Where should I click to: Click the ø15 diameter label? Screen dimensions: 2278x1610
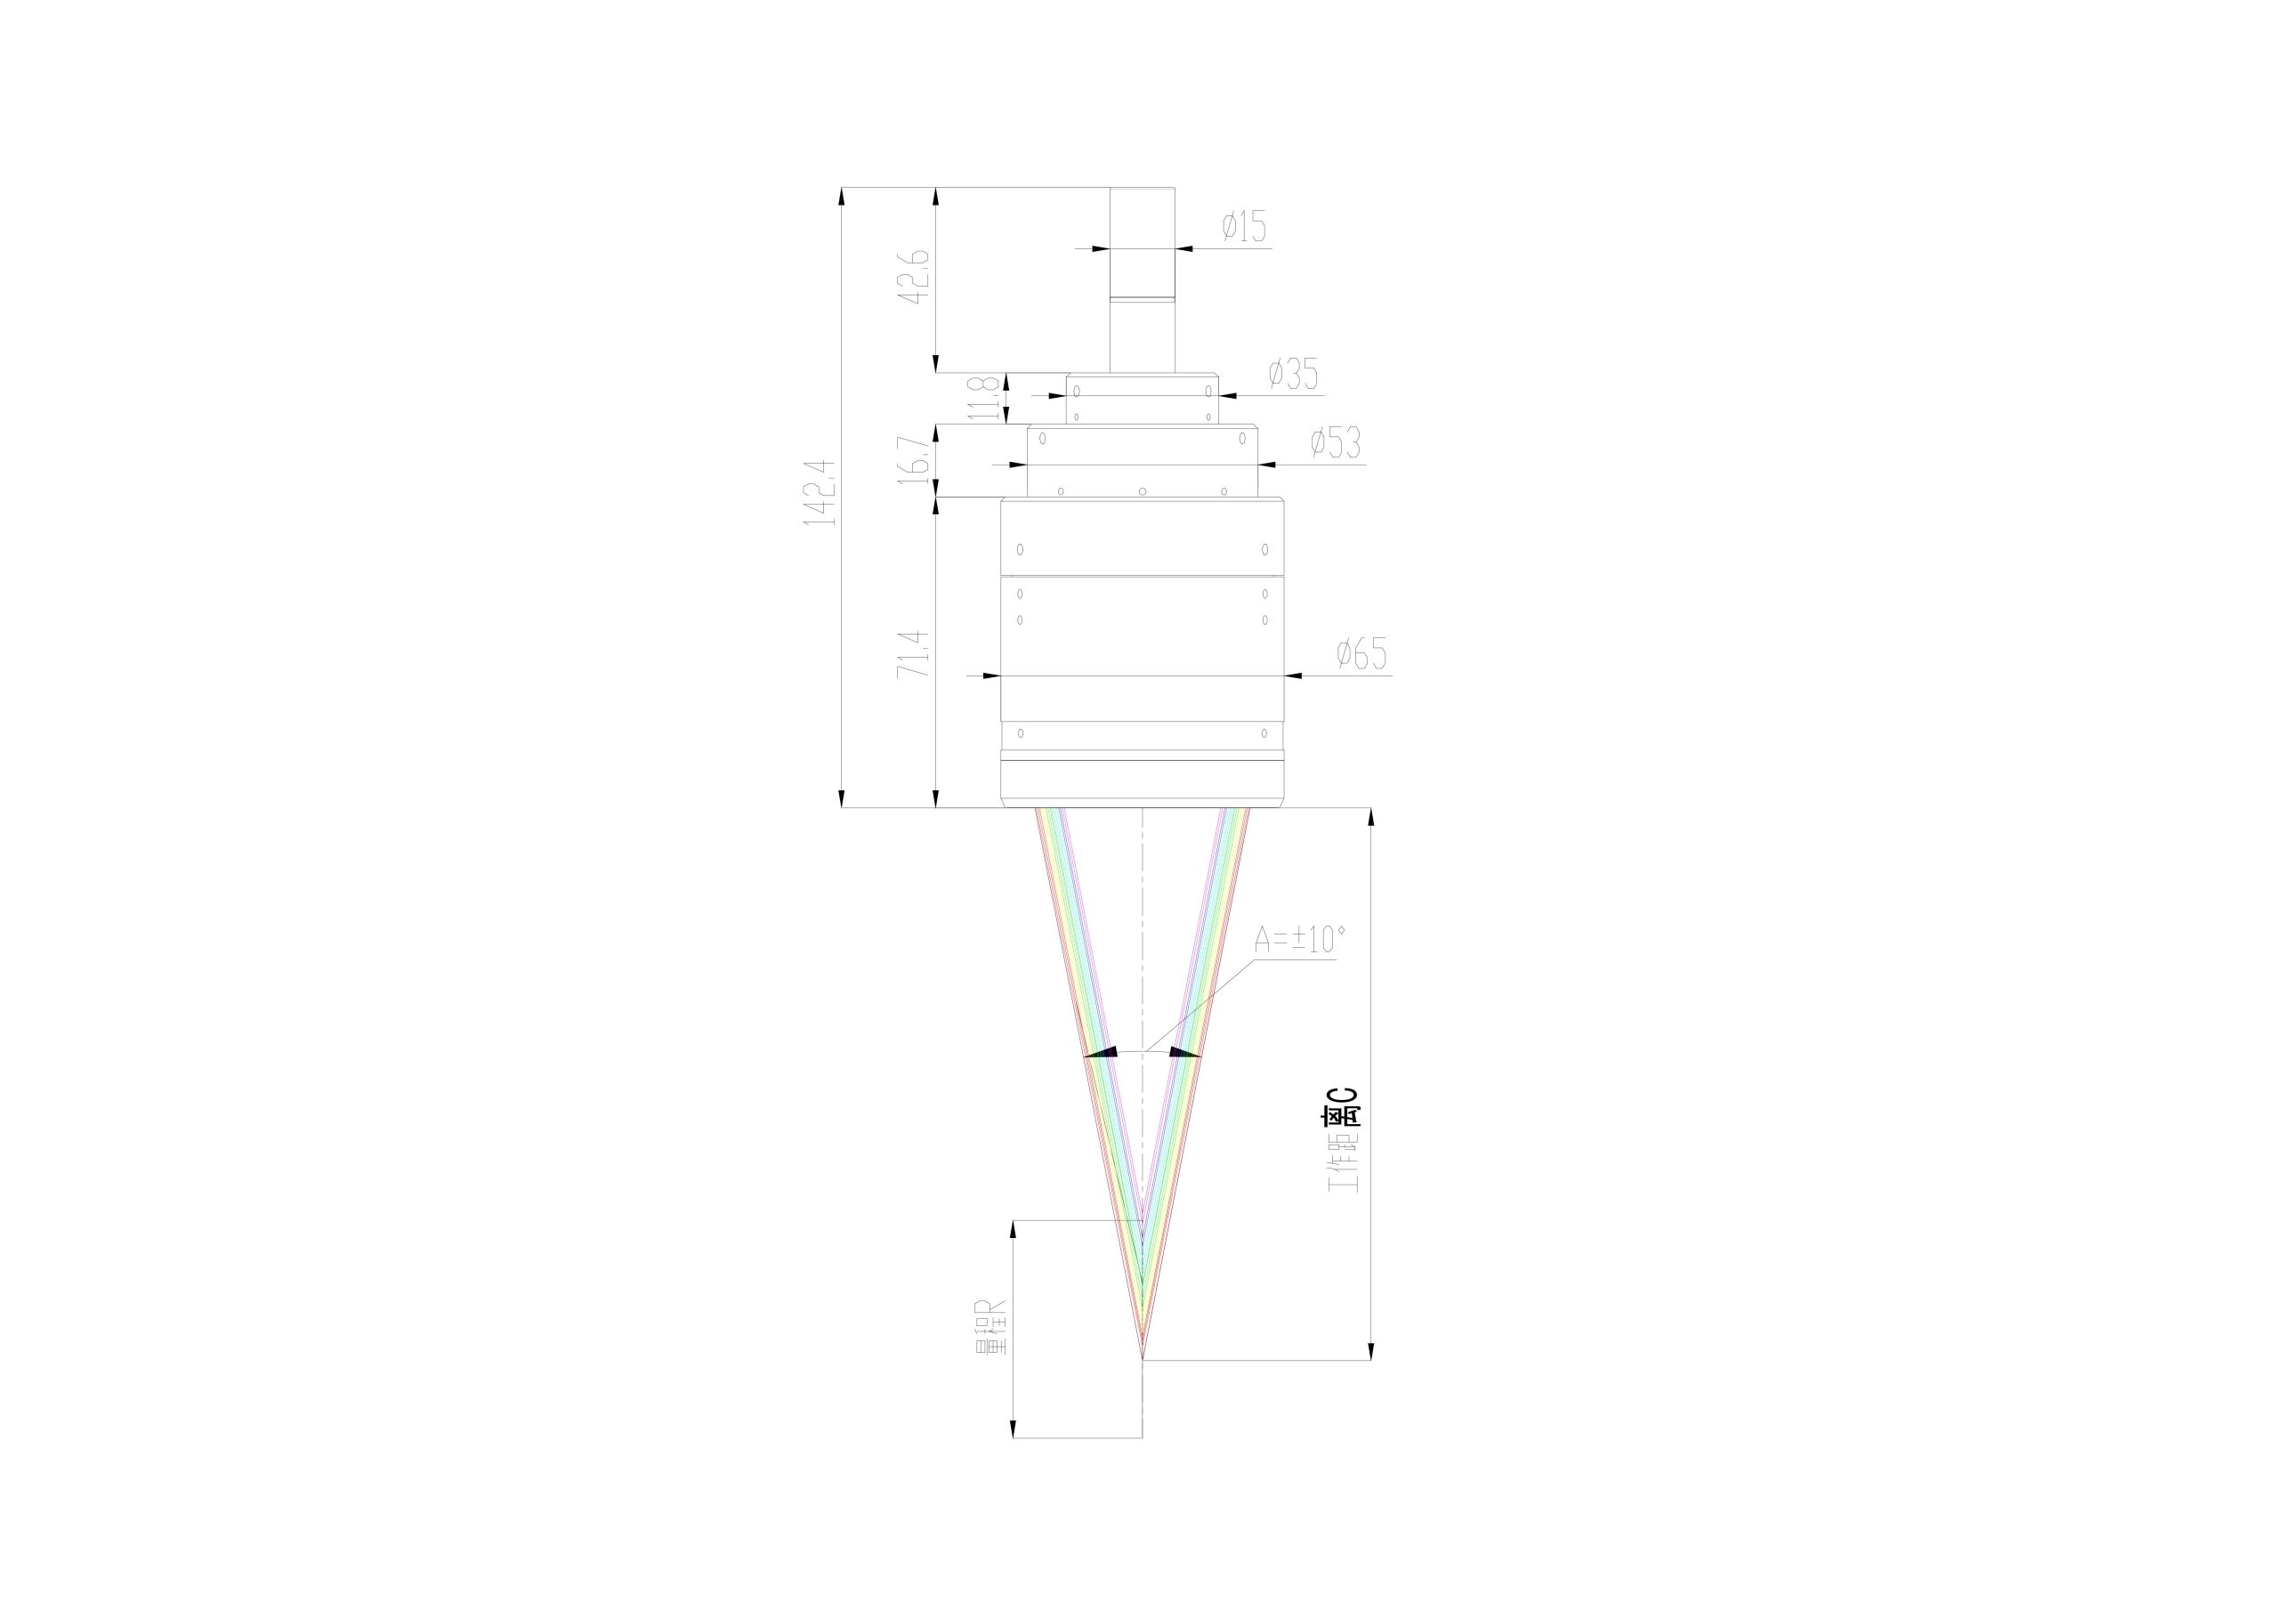click(x=1244, y=227)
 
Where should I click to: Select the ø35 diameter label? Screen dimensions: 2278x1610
click(x=1294, y=374)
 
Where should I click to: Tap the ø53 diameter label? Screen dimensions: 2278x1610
click(x=1336, y=442)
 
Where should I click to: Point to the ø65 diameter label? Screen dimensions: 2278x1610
click(x=1361, y=654)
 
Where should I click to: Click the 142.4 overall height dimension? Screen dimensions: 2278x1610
click(x=820, y=492)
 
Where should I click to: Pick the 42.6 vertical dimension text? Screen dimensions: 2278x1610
click(x=914, y=277)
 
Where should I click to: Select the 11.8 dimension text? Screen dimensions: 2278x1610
click(x=983, y=397)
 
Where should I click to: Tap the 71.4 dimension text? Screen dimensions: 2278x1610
click(x=914, y=654)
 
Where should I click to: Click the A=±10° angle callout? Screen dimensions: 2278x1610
click(x=1300, y=938)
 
